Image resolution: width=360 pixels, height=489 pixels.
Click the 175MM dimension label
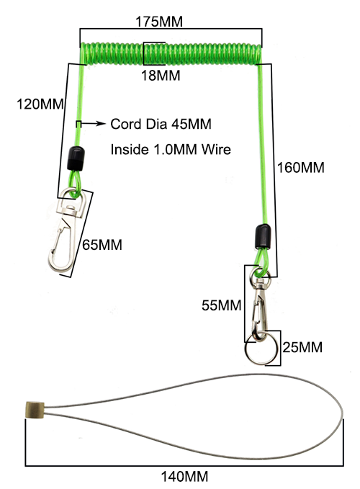[x=159, y=22]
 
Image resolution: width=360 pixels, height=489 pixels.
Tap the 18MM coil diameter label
[x=161, y=76]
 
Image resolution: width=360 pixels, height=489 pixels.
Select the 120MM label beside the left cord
[x=40, y=104]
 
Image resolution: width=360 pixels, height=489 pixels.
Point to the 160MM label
[x=301, y=168]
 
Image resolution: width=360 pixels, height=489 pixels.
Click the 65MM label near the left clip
[x=102, y=245]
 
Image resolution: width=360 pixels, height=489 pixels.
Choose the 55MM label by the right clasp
[x=221, y=305]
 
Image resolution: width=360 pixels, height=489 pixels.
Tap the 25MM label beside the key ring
[x=302, y=347]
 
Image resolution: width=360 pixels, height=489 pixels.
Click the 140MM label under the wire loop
[x=184, y=477]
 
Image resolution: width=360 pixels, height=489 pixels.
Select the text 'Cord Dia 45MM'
[x=161, y=124]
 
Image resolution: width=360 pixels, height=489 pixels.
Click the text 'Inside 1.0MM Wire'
[x=171, y=149]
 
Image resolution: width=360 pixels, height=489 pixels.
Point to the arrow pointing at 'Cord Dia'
[x=94, y=123]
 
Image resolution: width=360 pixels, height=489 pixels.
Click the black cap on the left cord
[x=76, y=158]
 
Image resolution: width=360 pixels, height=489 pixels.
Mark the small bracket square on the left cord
[x=78, y=124]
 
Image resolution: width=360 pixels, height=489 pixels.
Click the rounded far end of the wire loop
[x=342, y=415]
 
